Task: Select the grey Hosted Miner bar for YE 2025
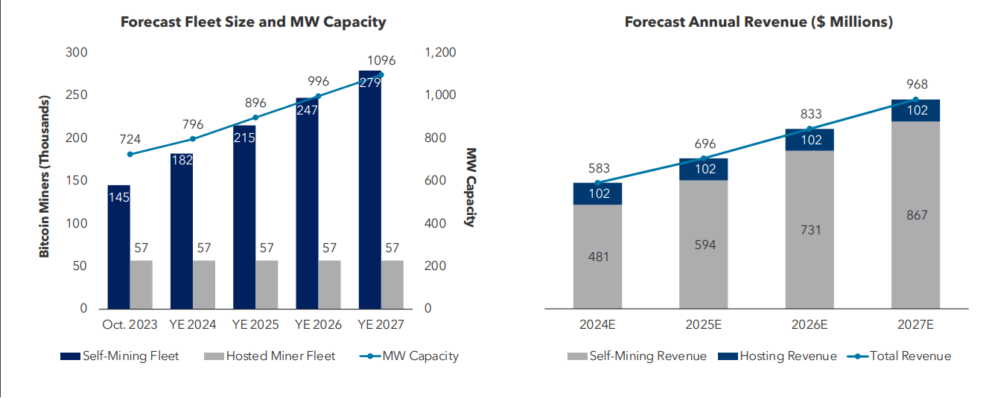pos(267,284)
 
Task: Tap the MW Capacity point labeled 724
pos(130,154)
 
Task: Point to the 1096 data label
pos(381,60)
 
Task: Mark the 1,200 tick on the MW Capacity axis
pos(439,52)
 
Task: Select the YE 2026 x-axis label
pos(318,326)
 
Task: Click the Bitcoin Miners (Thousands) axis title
pos(45,177)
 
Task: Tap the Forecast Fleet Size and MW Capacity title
pos(253,22)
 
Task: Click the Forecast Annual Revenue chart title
pos(758,22)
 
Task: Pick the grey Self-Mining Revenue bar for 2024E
pos(597,256)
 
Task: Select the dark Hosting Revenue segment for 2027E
pos(915,110)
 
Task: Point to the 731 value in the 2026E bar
pos(810,229)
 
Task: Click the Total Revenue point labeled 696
pos(704,158)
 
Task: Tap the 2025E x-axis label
pos(703,326)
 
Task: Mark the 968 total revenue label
pos(916,84)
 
